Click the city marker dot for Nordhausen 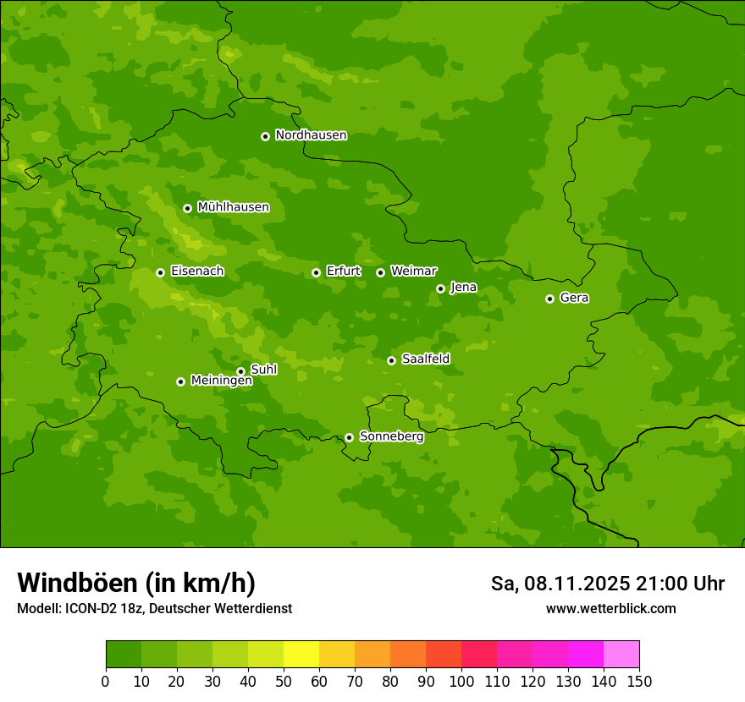point(265,136)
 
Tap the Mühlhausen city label point(233,207)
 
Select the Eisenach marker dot point(160,272)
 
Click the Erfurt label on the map point(343,271)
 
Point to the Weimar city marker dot point(380,272)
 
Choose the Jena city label point(463,288)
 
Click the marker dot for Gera point(549,299)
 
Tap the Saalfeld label point(425,359)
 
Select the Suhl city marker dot point(240,371)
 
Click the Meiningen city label point(221,381)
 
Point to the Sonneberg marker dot point(349,437)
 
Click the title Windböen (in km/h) point(135,583)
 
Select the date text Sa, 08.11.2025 point(560,584)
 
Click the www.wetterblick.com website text point(610,609)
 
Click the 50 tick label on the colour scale point(284,681)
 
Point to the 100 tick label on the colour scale point(461,681)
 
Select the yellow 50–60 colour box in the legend point(301,655)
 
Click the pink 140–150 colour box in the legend point(621,655)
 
